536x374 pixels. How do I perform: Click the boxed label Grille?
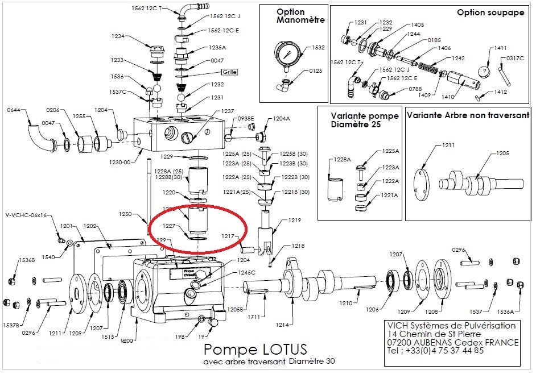pyautogui.click(x=229, y=72)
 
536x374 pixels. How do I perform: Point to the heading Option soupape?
pyautogui.click(x=490, y=13)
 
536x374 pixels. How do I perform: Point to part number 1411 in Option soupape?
pyautogui.click(x=485, y=48)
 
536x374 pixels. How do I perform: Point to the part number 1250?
pyautogui.click(x=125, y=214)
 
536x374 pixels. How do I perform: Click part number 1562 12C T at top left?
pyautogui.click(x=147, y=8)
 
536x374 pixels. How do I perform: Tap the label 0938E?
pyautogui.click(x=246, y=118)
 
